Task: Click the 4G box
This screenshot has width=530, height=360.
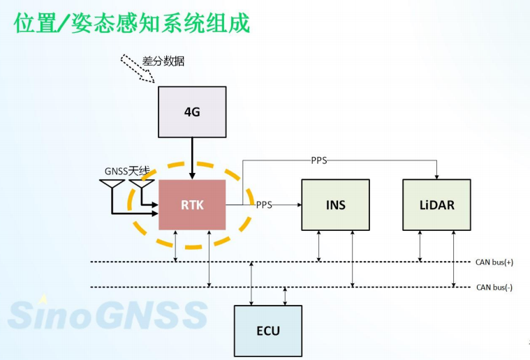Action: pos(192,111)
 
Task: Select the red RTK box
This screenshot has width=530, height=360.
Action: pos(192,204)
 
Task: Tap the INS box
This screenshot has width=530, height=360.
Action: pos(335,204)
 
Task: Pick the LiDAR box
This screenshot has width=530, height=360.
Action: pos(436,204)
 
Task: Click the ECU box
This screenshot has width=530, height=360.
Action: pos(267,330)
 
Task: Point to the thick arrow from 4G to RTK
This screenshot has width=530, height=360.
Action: pos(192,158)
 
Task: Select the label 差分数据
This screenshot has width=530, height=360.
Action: pos(163,61)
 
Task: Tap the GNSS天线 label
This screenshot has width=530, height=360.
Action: pos(128,171)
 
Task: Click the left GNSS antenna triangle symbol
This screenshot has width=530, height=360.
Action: pos(112,186)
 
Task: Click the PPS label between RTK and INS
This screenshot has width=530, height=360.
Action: pos(264,204)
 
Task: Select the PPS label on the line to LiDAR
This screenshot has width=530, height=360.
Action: pos(318,160)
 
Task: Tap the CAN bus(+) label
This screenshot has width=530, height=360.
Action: pos(494,262)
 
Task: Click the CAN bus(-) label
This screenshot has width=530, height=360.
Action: pos(494,287)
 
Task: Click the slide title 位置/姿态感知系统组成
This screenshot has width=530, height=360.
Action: pos(132,23)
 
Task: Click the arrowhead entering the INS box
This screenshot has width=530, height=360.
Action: pos(297,204)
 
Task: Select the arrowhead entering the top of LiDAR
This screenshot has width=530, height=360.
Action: pos(436,176)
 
